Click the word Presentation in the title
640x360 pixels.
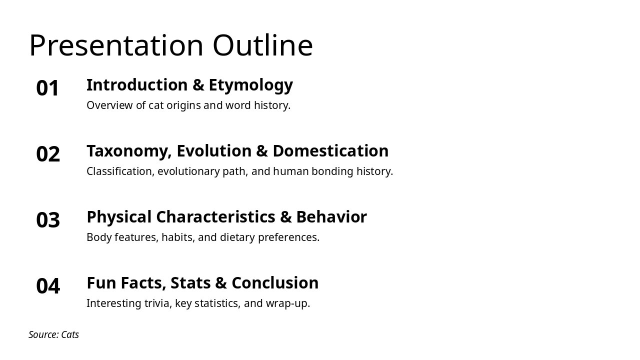pos(116,45)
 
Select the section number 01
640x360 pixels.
pos(48,88)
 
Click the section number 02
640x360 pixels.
pos(48,154)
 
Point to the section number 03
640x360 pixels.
pos(48,220)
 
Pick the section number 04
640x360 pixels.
pos(48,286)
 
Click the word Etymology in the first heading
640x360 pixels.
pos(250,85)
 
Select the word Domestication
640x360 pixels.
pos(330,151)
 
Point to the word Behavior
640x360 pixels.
pos(331,217)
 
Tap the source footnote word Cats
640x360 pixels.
pos(70,334)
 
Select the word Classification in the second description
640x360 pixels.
pos(120,171)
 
